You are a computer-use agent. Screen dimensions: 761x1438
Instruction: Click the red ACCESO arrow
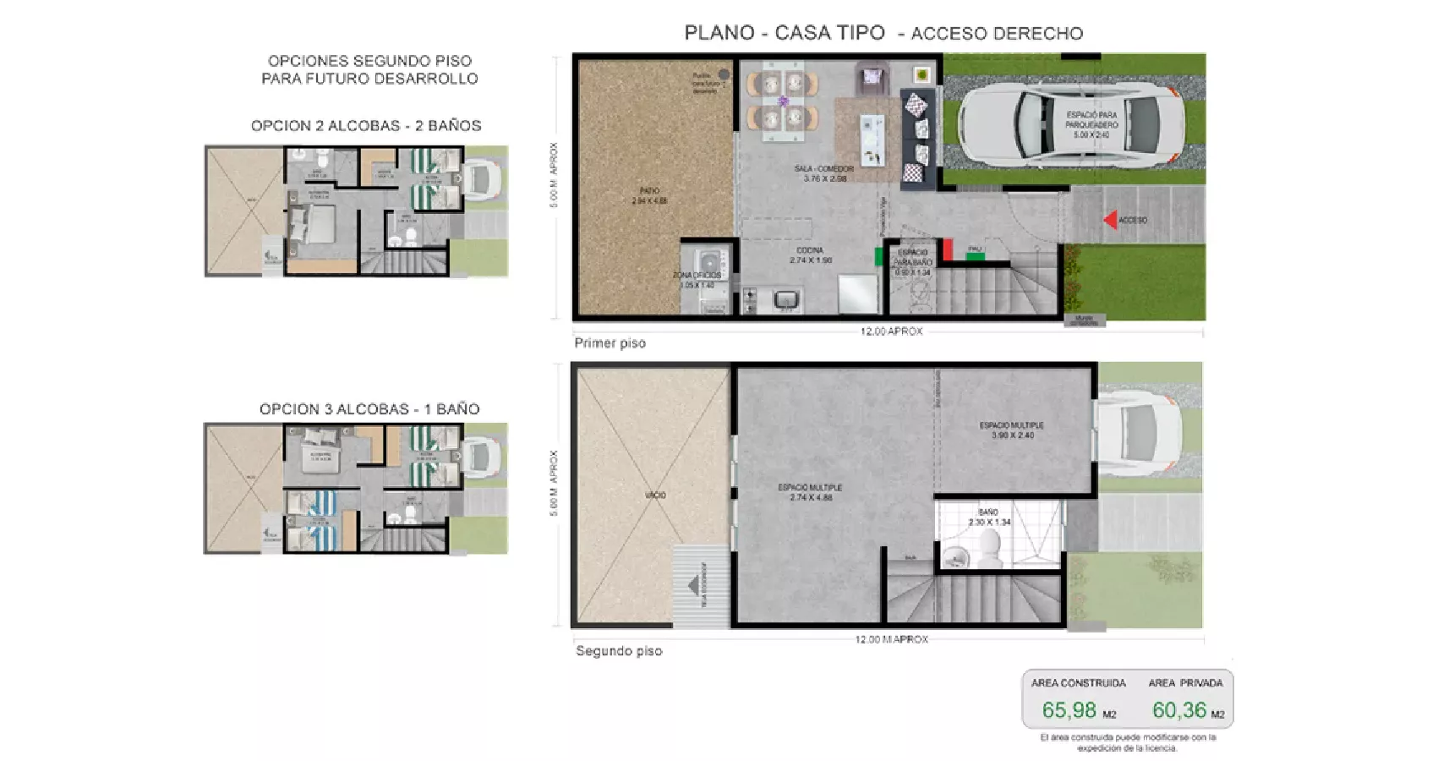pos(1109,220)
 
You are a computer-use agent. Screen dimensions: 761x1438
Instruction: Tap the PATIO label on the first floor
pos(649,196)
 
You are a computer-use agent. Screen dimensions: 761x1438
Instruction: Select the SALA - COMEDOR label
pos(823,173)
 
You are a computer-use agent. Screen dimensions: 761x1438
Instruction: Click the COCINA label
pos(810,255)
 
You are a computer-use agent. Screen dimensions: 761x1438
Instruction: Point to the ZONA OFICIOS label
pos(697,280)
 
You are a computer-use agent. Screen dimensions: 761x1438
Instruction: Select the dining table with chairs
pos(782,101)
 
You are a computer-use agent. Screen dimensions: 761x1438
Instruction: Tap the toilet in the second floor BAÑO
pos(955,556)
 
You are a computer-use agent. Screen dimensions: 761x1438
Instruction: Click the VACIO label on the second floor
pos(655,495)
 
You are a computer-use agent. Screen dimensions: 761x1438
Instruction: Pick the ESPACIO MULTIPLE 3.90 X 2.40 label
pos(1011,430)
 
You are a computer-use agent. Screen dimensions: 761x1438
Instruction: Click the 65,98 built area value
pos(1069,710)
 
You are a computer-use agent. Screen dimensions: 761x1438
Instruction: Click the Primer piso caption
pos(610,343)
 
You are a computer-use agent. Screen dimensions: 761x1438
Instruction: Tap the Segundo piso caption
pos(619,651)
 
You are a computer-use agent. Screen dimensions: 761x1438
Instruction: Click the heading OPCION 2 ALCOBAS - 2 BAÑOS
pos(366,126)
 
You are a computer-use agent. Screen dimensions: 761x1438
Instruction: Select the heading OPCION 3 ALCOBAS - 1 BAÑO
pos(369,409)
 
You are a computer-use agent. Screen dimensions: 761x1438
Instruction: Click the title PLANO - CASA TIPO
pos(784,33)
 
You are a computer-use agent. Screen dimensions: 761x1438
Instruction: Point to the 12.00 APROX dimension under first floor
pos(891,331)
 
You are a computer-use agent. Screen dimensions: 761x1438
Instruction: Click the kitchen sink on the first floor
pos(787,299)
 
